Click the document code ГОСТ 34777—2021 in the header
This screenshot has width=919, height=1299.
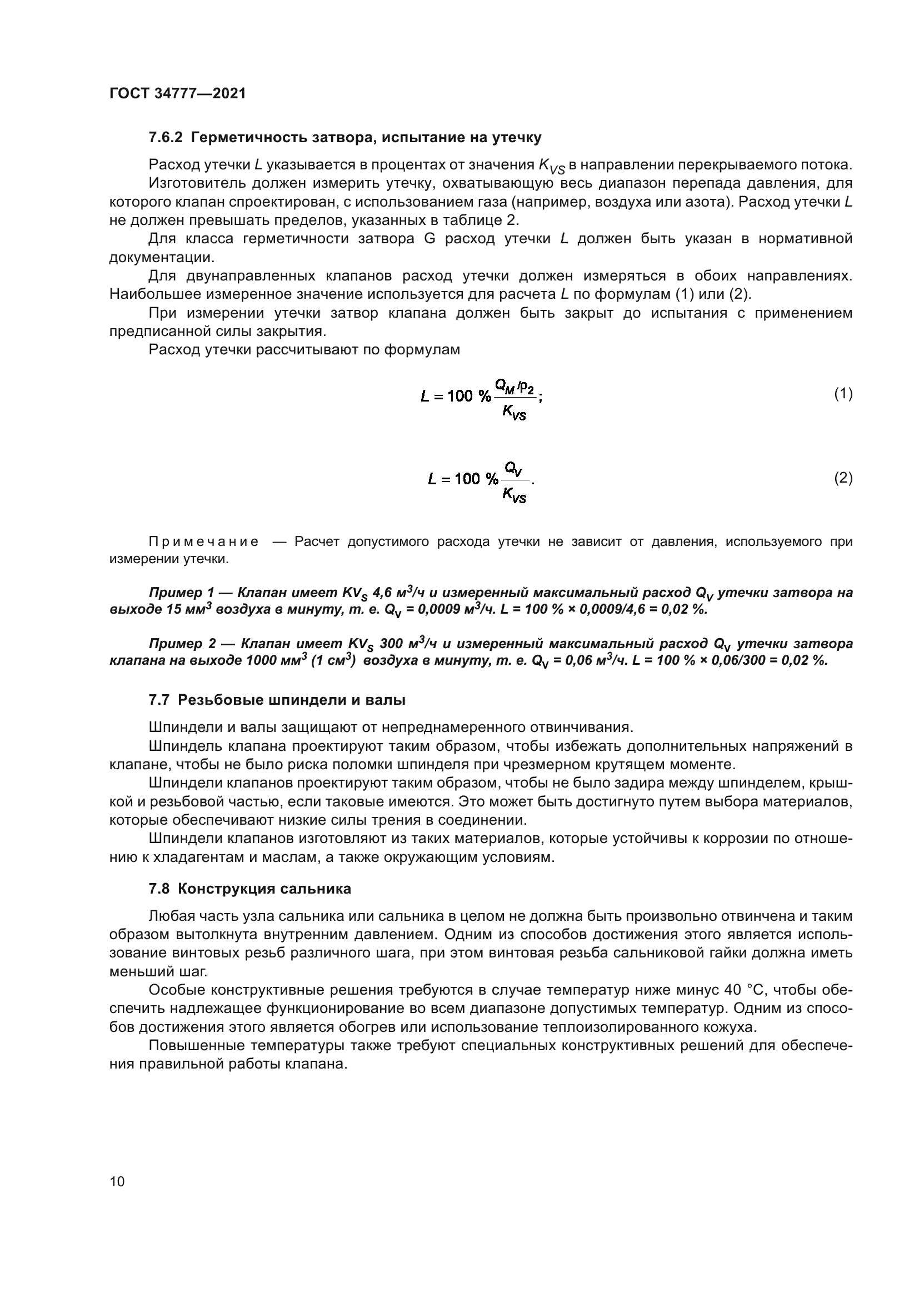point(178,94)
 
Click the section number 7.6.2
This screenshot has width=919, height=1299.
point(166,138)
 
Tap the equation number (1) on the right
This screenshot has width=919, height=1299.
point(843,394)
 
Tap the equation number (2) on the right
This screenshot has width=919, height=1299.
point(843,478)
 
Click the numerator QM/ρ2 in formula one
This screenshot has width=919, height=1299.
point(515,386)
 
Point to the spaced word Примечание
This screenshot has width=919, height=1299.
point(204,542)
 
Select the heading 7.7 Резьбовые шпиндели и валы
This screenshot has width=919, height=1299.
point(277,700)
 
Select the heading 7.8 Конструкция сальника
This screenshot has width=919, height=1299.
point(249,889)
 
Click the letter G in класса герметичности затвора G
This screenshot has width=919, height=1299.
point(429,239)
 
